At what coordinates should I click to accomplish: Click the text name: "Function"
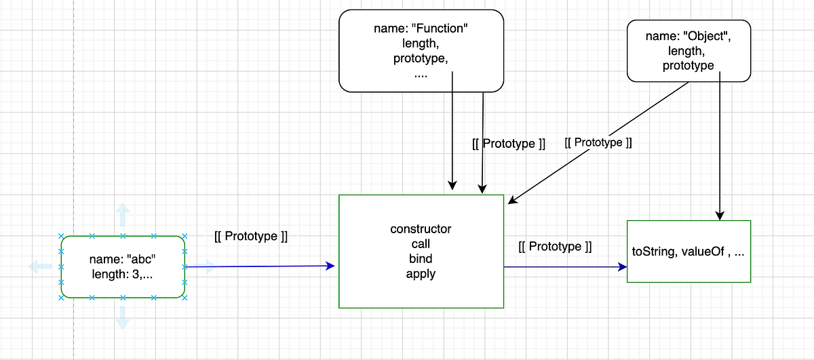[x=421, y=28]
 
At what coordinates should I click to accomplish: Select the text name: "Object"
[x=689, y=36]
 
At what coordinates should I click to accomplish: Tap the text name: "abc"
[x=123, y=260]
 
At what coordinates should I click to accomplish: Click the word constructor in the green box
[x=421, y=228]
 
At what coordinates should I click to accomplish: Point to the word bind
[x=421, y=259]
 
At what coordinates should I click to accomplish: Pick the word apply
[x=421, y=274]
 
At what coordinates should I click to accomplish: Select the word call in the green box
[x=421, y=244]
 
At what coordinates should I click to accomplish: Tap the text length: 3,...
[x=123, y=274]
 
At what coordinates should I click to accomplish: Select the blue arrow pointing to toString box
[x=563, y=267]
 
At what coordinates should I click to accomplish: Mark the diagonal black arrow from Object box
[x=597, y=143]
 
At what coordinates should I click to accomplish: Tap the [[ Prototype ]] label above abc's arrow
[x=251, y=237]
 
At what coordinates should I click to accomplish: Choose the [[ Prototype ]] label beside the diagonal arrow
[x=598, y=143]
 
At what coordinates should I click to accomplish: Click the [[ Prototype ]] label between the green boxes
[x=554, y=247]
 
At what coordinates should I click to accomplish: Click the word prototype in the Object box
[x=689, y=66]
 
